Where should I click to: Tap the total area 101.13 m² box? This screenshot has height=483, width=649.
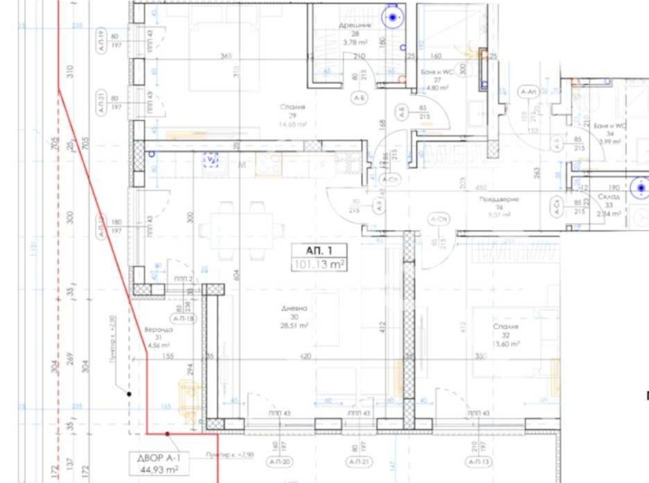point(319,265)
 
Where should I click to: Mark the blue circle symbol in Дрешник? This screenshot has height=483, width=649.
point(394,16)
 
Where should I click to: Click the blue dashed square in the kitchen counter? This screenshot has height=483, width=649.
point(211,158)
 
